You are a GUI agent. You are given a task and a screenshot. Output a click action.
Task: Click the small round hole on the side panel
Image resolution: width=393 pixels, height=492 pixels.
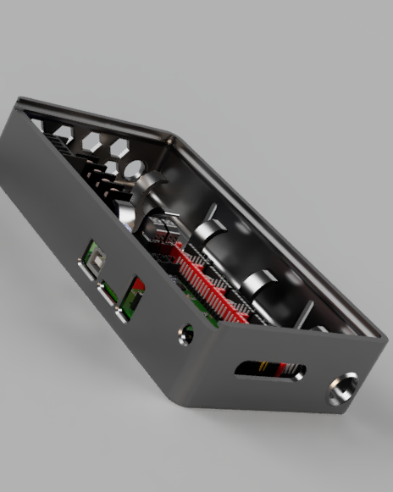tap(185, 335)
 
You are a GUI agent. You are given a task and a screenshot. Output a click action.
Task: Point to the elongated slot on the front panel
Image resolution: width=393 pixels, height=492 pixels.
tap(269, 368)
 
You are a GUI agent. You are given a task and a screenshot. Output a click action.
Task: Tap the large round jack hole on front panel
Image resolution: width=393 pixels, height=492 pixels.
tap(342, 390)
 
